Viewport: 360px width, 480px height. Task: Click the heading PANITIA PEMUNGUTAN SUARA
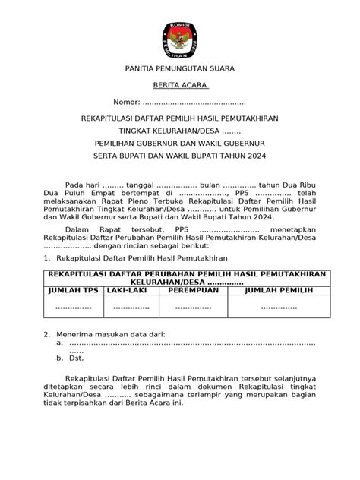179,68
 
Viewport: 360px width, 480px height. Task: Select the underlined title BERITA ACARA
179,86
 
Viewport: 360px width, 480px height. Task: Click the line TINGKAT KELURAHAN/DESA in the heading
179,131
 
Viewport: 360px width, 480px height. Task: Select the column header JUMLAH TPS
73,289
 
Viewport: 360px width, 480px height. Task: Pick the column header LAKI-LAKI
126,289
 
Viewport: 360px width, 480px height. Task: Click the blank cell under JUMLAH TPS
73,307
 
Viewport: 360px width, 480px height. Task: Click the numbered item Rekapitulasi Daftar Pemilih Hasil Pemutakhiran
125,259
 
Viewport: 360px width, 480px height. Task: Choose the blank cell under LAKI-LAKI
126,307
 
